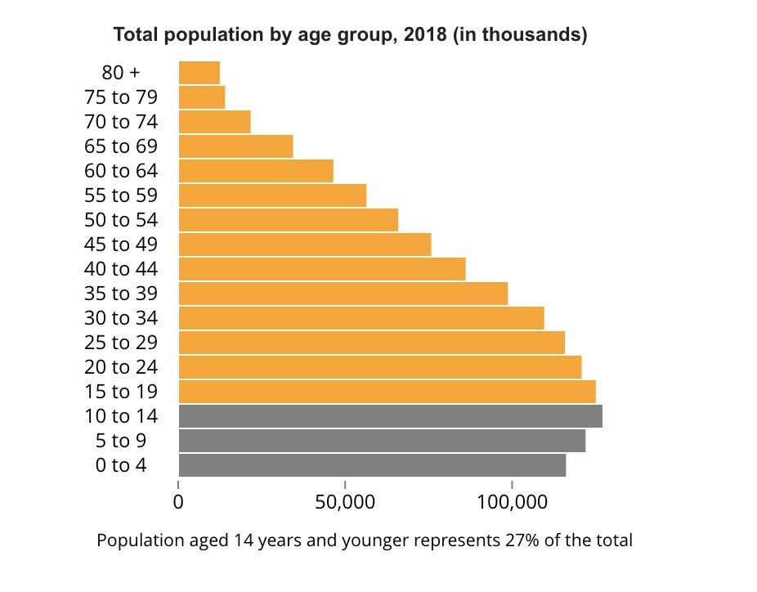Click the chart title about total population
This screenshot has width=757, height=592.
coord(350,35)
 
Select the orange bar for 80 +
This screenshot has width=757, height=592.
coord(199,73)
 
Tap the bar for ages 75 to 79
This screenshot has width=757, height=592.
coord(202,97)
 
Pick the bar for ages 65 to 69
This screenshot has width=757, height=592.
coord(235,146)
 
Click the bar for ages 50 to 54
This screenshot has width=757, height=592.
coord(288,220)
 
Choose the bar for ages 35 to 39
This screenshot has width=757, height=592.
coord(343,293)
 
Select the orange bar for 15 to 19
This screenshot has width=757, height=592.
coord(387,391)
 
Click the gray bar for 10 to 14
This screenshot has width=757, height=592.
coord(390,415)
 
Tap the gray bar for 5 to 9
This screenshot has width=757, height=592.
coord(382,440)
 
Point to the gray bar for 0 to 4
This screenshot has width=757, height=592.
coord(372,464)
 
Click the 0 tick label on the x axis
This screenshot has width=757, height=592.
coord(178,501)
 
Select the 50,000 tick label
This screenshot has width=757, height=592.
coord(344,501)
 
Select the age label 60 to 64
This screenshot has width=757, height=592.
coord(121,171)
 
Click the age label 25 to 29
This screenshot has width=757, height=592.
coord(121,342)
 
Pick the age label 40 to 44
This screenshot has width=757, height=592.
coord(121,269)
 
